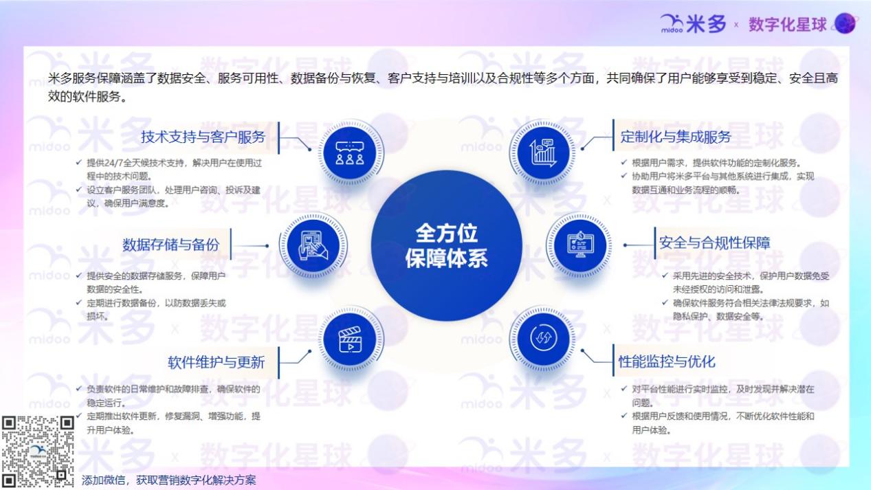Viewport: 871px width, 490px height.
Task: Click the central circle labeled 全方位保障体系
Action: pyautogui.click(x=446, y=245)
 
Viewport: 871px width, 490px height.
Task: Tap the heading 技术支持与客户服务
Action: pyautogui.click(x=203, y=137)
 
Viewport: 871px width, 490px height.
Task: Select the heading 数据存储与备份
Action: pyautogui.click(x=171, y=245)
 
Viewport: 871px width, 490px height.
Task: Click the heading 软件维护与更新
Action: pyautogui.click(x=216, y=362)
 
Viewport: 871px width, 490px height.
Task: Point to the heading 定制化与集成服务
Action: pyautogui.click(x=675, y=137)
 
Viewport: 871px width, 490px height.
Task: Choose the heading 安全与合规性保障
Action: pyautogui.click(x=715, y=243)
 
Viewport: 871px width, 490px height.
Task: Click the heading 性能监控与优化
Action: pyautogui.click(x=667, y=361)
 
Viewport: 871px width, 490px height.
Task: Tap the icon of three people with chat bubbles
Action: pyautogui.click(x=350, y=153)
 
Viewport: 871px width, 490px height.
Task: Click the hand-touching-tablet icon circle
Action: pyautogui.click(x=313, y=245)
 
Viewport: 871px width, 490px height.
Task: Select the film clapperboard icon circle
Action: pyautogui.click(x=350, y=339)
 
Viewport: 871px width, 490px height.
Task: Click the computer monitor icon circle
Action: pyautogui.click(x=580, y=245)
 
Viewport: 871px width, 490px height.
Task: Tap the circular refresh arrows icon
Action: pyautogui.click(x=543, y=338)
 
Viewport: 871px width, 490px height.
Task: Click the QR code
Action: pyautogui.click(x=38, y=452)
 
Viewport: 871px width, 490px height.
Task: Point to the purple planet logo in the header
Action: pyautogui.click(x=845, y=23)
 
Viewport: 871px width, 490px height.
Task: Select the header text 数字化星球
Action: pyautogui.click(x=787, y=25)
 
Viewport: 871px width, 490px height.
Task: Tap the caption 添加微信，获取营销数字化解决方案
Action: pyautogui.click(x=168, y=480)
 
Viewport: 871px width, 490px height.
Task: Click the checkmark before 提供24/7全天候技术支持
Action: pyautogui.click(x=79, y=162)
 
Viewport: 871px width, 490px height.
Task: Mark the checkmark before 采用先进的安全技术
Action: pyautogui.click(x=665, y=276)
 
